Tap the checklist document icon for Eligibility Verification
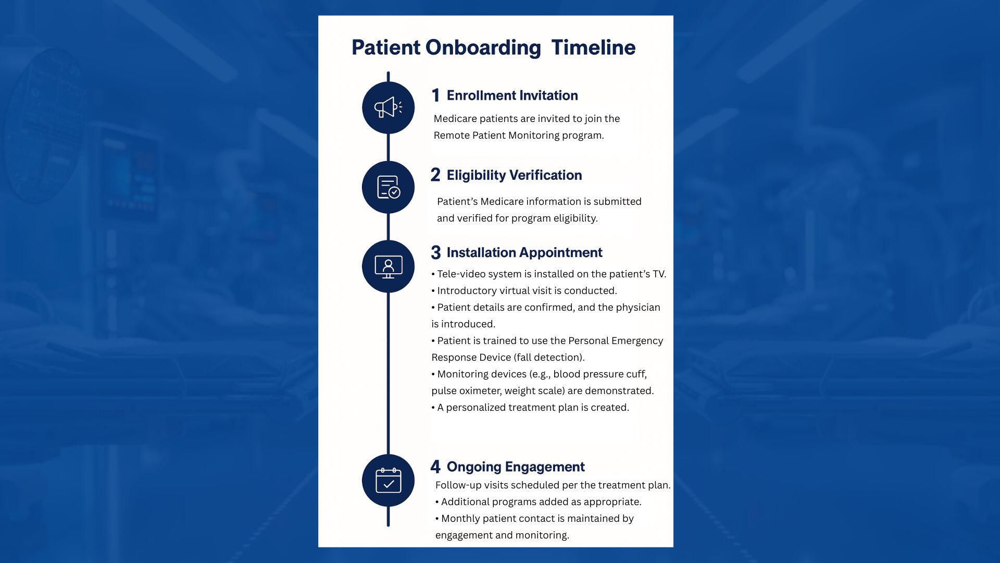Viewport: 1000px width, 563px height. [x=389, y=187]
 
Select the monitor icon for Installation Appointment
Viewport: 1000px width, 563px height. [x=389, y=267]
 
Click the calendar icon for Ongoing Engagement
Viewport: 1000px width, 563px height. [x=389, y=480]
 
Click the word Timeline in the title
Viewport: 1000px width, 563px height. [x=593, y=47]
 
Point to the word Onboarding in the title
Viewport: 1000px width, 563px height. [x=483, y=48]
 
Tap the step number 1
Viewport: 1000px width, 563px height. [x=436, y=95]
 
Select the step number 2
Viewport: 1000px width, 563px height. [x=435, y=175]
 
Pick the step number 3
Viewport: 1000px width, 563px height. [x=436, y=253]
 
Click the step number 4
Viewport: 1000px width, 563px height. [x=435, y=467]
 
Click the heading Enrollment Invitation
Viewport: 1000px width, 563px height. [x=512, y=95]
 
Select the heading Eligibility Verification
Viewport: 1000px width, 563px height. [x=515, y=176]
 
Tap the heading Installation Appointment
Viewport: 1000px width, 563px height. [x=524, y=253]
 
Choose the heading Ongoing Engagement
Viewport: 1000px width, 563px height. [x=516, y=467]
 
